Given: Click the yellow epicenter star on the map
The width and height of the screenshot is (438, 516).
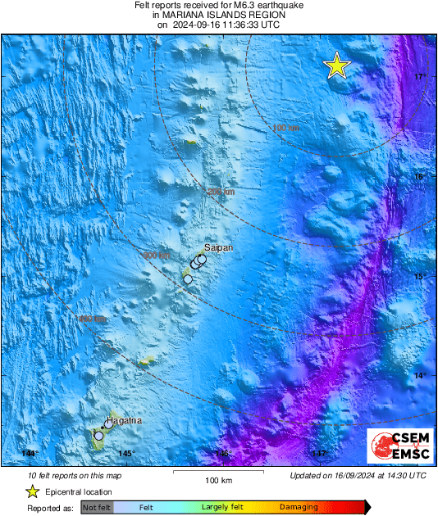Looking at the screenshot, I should [x=336, y=66].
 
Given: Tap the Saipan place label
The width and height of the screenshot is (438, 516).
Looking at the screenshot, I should [x=218, y=247].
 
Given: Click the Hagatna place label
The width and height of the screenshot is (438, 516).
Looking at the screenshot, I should [x=123, y=420].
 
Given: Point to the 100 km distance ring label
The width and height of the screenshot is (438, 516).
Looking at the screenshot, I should [x=286, y=128].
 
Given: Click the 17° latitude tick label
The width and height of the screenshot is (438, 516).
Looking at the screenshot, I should [x=420, y=77].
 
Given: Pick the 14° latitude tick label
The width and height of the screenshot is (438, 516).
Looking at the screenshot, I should [x=420, y=376].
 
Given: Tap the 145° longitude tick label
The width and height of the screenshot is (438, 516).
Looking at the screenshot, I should [x=125, y=454].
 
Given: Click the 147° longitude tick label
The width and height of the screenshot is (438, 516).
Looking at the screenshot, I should [x=319, y=454].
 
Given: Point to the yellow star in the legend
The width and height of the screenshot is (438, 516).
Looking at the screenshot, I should [x=32, y=491].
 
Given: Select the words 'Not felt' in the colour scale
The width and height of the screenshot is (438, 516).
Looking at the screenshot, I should [x=97, y=508].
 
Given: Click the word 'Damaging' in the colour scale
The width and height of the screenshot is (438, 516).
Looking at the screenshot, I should [x=293, y=508].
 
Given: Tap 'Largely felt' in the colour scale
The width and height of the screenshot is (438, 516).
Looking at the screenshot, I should [x=220, y=508].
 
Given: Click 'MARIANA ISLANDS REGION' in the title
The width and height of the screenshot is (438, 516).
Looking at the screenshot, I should [x=218, y=15].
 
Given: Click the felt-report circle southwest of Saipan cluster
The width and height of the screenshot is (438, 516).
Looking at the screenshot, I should [x=188, y=279].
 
